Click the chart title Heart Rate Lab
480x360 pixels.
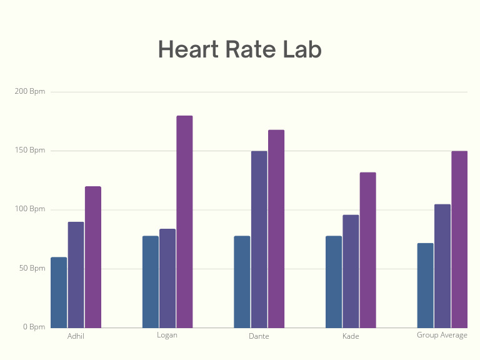click(x=239, y=49)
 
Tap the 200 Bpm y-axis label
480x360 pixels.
click(x=30, y=92)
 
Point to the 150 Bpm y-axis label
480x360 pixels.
click(x=30, y=151)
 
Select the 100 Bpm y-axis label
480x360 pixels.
click(x=30, y=209)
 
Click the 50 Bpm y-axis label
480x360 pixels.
click(x=32, y=268)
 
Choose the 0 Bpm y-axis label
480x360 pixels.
click(x=34, y=327)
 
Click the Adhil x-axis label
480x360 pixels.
click(x=76, y=336)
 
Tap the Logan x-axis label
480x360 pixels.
click(x=167, y=335)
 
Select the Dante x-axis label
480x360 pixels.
click(x=259, y=336)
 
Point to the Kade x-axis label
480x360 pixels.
click(x=351, y=336)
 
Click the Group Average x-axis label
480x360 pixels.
click(x=442, y=335)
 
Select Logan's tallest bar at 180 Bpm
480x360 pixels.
click(x=184, y=221)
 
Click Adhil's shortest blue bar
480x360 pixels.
click(x=59, y=292)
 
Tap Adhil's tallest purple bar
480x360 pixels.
click(x=93, y=257)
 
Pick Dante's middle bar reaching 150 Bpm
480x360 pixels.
click(x=259, y=239)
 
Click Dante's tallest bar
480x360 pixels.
click(x=276, y=229)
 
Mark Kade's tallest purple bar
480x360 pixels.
click(x=367, y=250)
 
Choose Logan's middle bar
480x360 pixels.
click(x=167, y=278)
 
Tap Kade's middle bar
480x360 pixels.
click(x=351, y=271)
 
